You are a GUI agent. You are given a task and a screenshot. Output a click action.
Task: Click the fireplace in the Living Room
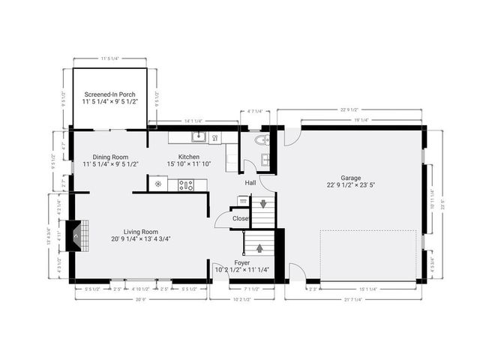click(75, 235)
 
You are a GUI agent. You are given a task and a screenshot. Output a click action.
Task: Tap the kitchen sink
click(198, 137)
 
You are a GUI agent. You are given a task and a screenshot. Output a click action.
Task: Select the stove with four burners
click(185, 184)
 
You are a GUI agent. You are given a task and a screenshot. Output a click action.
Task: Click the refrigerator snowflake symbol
click(158, 184)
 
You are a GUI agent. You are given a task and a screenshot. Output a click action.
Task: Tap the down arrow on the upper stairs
click(262, 204)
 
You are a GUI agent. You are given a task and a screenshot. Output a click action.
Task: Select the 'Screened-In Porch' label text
click(110, 95)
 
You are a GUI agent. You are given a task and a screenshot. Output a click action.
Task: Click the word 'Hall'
click(250, 182)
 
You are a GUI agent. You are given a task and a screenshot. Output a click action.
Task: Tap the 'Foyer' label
click(242, 263)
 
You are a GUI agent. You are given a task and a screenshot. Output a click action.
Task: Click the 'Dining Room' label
click(110, 157)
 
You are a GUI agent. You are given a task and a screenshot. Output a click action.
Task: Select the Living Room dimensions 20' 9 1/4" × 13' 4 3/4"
click(142, 239)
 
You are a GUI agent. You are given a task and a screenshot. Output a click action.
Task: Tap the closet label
click(241, 218)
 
